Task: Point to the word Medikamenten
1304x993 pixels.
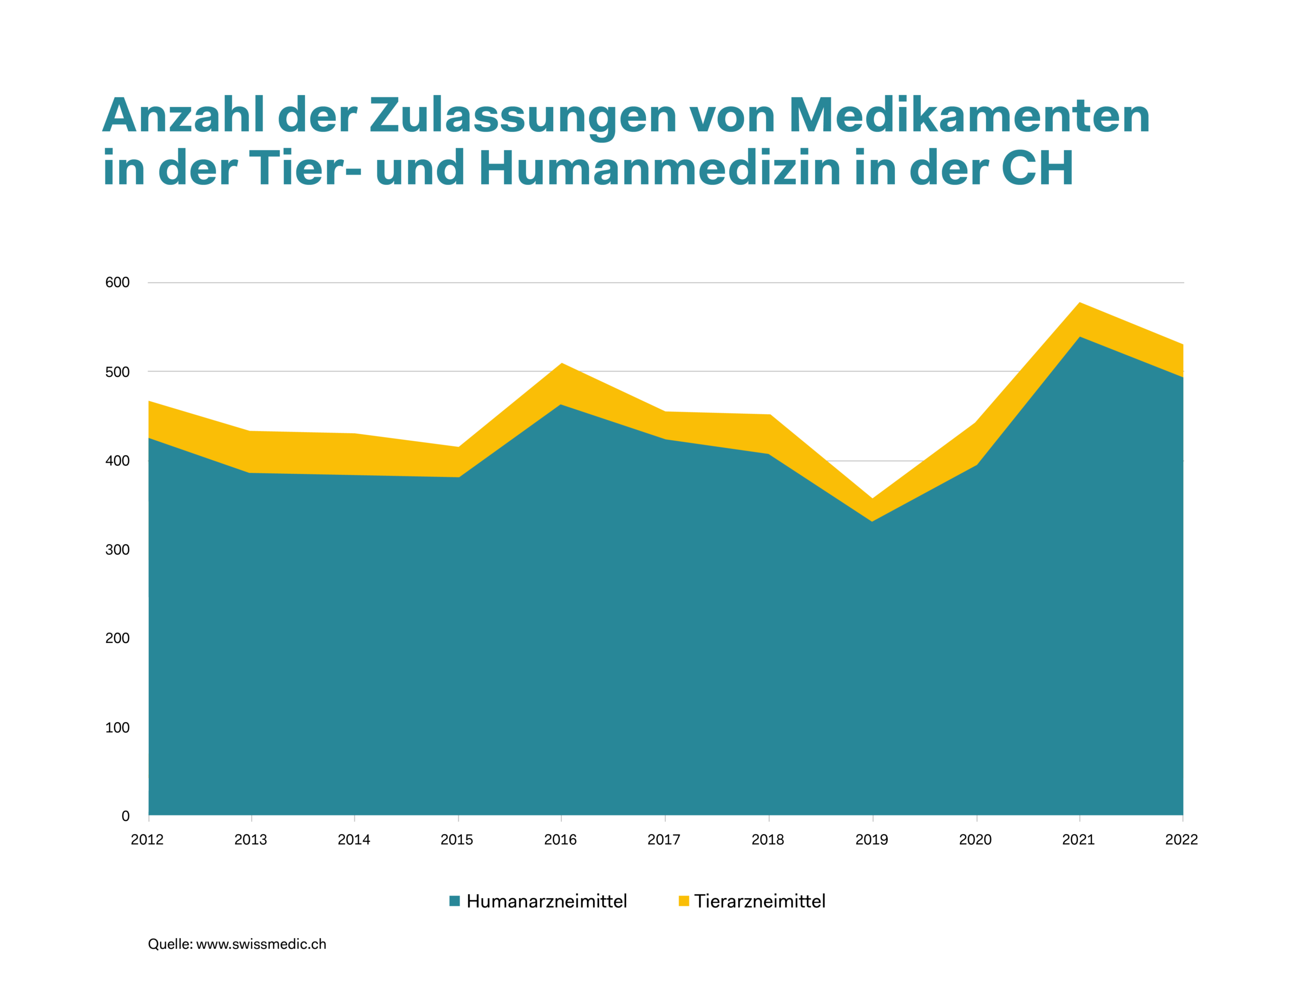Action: click(969, 117)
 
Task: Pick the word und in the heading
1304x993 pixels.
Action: click(419, 168)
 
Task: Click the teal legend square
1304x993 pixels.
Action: click(455, 901)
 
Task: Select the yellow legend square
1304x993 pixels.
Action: click(684, 901)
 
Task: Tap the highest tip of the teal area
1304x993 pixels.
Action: click(1080, 337)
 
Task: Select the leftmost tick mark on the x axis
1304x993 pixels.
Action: click(149, 818)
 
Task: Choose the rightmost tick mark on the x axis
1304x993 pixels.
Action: click(1183, 818)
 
